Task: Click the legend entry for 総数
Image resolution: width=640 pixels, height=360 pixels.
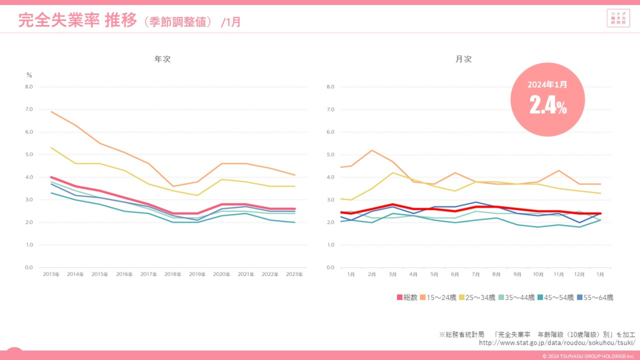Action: [407, 297]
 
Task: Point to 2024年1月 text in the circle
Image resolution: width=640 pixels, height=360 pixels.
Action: [547, 84]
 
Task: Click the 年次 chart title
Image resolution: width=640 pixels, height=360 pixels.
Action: [162, 59]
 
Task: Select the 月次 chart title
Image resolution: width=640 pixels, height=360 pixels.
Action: [463, 59]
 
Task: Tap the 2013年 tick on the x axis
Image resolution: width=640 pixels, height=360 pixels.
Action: [51, 274]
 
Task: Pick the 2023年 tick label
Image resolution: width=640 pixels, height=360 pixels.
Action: [295, 274]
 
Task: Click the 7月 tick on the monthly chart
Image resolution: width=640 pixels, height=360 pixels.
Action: [475, 274]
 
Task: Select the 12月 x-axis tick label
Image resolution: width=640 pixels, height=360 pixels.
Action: [579, 274]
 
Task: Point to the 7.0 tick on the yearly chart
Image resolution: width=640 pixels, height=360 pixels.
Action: [29, 109]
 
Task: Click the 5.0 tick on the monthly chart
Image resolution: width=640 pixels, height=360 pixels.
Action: [330, 155]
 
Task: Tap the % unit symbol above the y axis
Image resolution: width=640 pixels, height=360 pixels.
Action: [29, 75]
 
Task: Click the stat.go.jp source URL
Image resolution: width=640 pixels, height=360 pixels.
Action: [557, 343]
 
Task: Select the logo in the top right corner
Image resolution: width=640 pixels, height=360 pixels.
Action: [618, 18]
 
